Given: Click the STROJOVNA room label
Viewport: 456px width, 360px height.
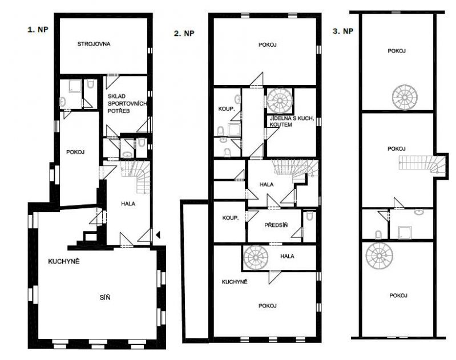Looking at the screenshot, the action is (x=94, y=44).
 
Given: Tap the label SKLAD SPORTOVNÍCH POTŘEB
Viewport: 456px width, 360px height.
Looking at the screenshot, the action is (x=127, y=103).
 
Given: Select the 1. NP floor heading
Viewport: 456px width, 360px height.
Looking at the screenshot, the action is (x=38, y=29).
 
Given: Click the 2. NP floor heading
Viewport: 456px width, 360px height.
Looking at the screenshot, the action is (x=184, y=34).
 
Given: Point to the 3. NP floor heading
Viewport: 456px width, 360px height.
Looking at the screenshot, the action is (x=343, y=31).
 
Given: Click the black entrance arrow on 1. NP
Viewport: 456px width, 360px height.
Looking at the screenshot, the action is (x=158, y=234).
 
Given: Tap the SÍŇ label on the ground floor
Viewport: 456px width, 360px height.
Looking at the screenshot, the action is (x=105, y=297).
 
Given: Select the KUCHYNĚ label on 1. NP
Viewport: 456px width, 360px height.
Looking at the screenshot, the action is (x=64, y=261).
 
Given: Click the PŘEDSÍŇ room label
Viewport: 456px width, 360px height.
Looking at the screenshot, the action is (x=276, y=225).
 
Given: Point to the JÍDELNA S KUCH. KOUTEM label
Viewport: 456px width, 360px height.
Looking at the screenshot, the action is (x=292, y=122).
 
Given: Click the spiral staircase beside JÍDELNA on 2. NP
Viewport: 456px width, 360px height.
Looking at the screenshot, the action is (x=280, y=100).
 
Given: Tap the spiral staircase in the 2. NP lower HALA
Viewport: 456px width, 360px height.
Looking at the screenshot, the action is (x=256, y=257).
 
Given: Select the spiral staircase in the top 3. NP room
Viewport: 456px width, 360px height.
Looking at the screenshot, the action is (x=405, y=97).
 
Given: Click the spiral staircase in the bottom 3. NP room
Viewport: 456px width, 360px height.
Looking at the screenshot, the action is (x=379, y=256).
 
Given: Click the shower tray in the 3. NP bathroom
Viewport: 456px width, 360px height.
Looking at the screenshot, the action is (x=405, y=232).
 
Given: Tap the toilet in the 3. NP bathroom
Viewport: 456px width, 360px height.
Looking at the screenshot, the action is (x=378, y=234).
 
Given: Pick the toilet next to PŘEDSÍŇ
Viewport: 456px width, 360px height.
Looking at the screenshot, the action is (x=309, y=216).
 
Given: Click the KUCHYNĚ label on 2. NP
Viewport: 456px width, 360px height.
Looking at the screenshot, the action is (x=235, y=282).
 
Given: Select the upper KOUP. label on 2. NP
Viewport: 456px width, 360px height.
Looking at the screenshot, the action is (x=227, y=109).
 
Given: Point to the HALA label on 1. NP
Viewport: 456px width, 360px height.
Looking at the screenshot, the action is (x=128, y=204).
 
